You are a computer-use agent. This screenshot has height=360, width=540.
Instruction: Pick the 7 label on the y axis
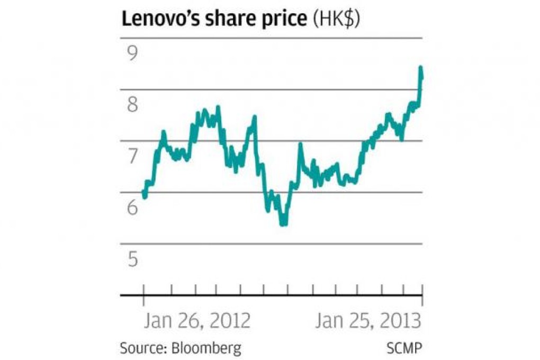coord(131,156)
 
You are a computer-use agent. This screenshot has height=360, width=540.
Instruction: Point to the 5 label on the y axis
coord(131,259)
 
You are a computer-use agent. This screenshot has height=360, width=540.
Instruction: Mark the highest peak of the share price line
coord(420,68)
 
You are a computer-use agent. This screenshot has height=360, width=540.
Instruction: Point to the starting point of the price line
coord(144,195)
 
